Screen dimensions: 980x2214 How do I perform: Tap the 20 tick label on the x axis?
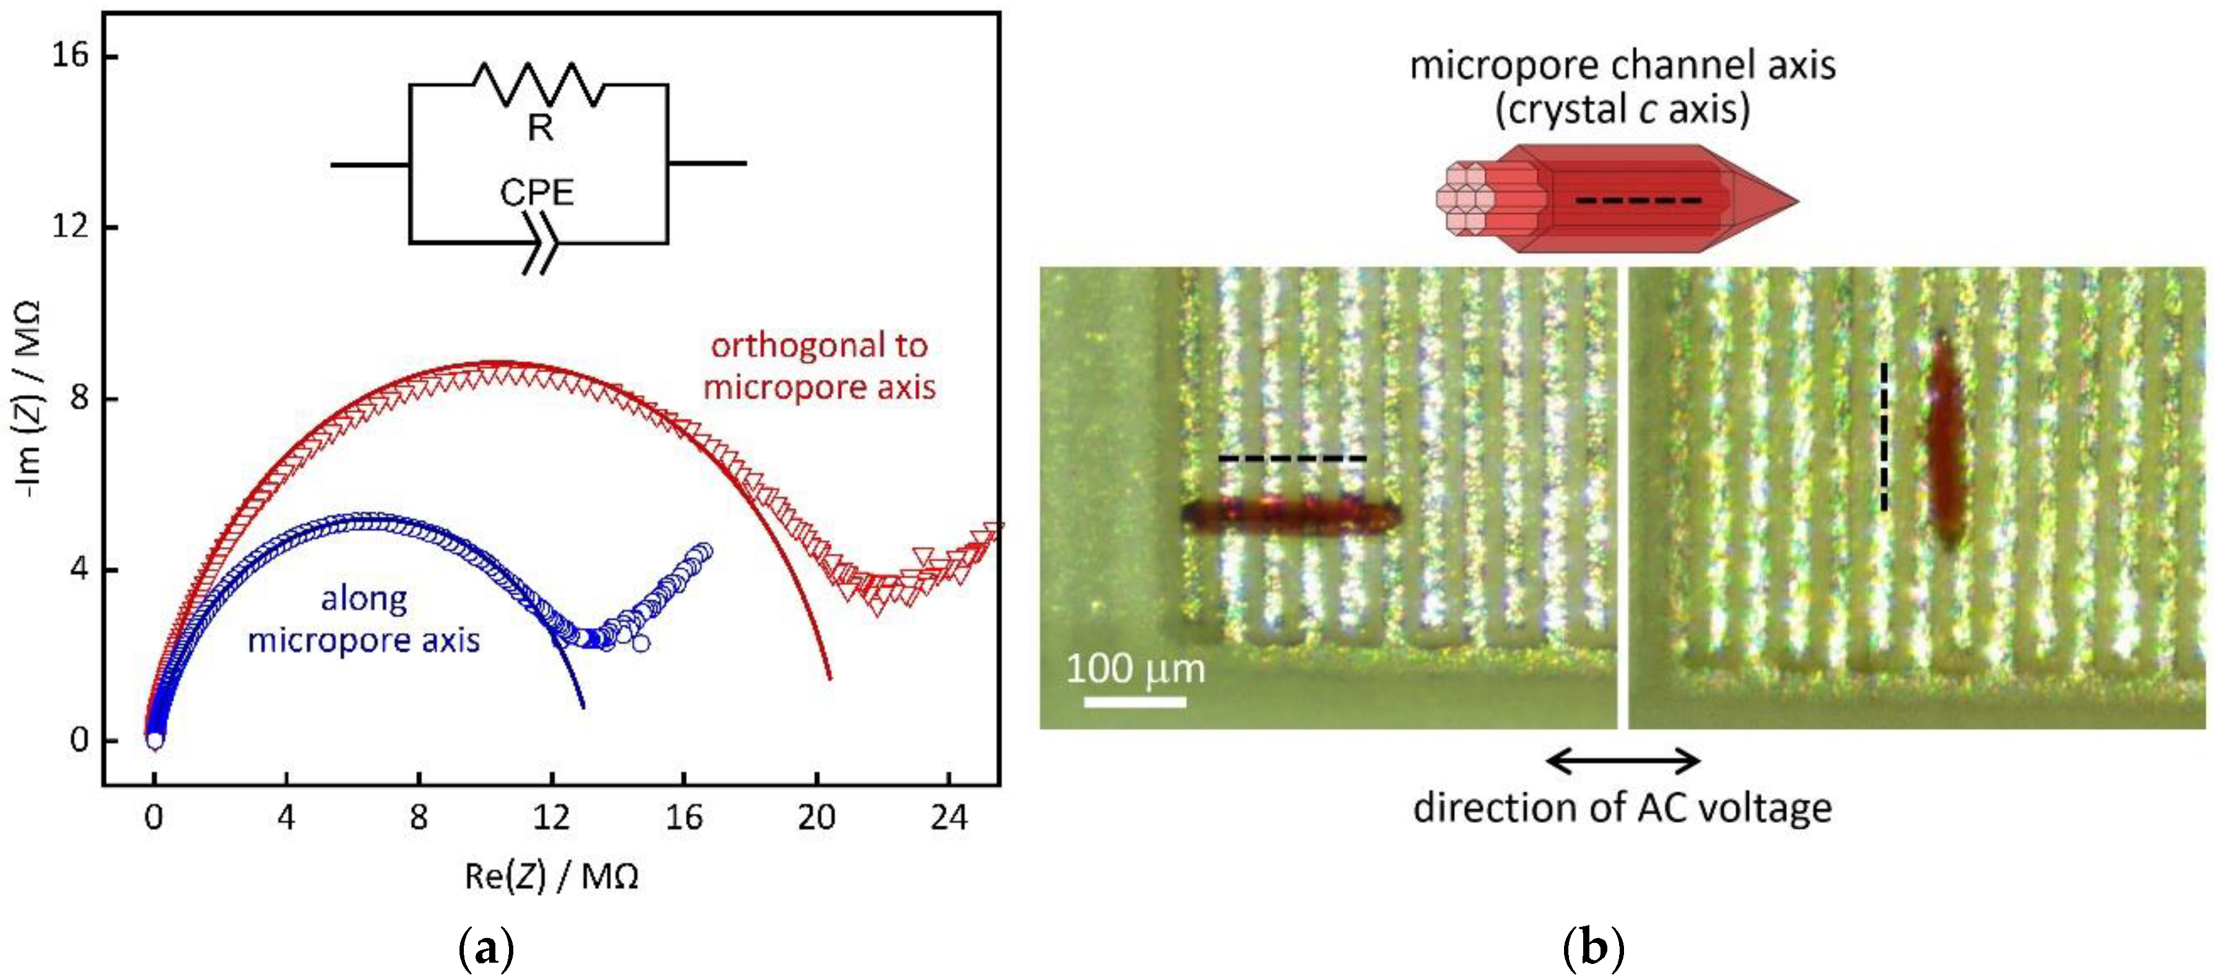coord(816,817)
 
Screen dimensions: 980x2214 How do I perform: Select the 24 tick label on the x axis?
coord(948,817)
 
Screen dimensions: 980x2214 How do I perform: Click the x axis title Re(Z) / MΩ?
coord(551,877)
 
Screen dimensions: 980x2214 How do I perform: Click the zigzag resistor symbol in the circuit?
coord(539,84)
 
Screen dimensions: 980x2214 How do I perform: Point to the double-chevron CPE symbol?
coord(542,244)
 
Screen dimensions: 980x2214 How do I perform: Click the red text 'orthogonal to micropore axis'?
coord(819,366)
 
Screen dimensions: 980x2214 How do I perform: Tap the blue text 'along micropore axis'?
coord(364,620)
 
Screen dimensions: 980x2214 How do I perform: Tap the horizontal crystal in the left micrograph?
coord(1289,515)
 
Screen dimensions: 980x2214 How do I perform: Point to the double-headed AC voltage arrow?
coord(1622,761)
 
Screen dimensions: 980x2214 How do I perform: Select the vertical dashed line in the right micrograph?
coord(1883,437)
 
